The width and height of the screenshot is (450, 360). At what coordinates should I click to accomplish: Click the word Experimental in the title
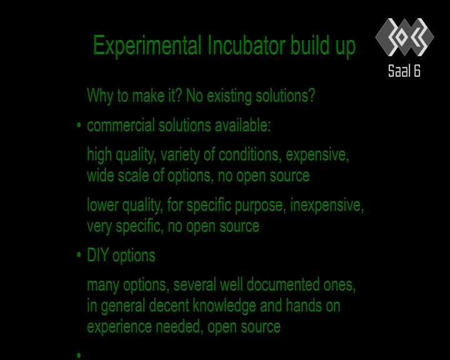(147, 46)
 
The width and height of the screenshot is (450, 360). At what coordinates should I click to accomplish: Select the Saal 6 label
(404, 71)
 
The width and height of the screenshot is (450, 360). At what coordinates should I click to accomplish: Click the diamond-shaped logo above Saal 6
(404, 37)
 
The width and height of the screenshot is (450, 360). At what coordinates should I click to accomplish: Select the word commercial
(121, 126)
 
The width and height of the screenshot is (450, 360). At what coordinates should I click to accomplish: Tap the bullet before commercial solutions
(79, 125)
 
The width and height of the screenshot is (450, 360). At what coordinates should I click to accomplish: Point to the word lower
(102, 205)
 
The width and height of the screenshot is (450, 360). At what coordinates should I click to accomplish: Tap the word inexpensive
(327, 206)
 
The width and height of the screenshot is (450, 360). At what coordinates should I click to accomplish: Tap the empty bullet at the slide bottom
(79, 355)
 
